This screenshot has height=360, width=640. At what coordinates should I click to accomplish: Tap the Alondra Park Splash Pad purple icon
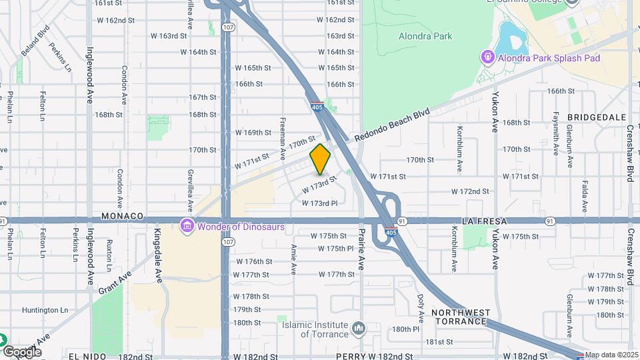[x=487, y=58]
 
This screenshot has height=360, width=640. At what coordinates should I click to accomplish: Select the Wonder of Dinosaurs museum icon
[x=187, y=227]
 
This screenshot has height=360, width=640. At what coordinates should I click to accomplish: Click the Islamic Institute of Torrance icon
[x=359, y=328]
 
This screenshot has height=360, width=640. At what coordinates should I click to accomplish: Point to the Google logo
[x=22, y=351]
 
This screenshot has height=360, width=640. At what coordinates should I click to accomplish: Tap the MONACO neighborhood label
[x=123, y=217]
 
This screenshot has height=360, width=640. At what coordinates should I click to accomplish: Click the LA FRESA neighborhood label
[x=485, y=220]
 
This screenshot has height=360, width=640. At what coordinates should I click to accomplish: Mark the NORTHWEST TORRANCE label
[x=461, y=317]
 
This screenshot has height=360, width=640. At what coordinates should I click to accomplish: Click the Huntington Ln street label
[x=45, y=310]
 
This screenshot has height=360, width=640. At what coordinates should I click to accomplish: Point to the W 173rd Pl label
[x=320, y=203]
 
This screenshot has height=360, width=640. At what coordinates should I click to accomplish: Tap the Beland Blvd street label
[x=39, y=40]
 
